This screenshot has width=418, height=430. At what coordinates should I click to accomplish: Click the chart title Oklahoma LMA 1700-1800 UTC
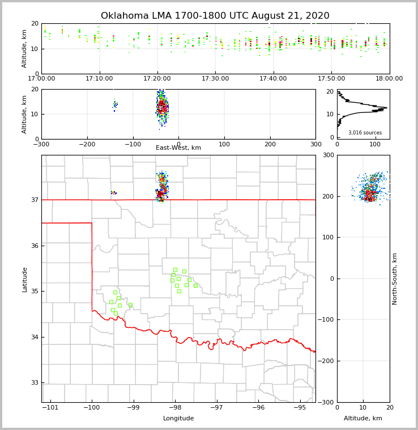[x=215, y=16]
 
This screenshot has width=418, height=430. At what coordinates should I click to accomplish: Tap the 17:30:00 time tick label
[x=215, y=79]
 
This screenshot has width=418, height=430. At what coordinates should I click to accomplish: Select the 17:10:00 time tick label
[x=100, y=79]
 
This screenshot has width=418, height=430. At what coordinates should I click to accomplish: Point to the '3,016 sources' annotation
[x=365, y=133]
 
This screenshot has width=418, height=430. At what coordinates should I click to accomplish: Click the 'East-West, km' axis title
[x=178, y=148]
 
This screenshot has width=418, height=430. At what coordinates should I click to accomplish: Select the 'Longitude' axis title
[x=178, y=419]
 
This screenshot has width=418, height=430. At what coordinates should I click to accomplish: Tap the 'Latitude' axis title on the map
[x=24, y=279]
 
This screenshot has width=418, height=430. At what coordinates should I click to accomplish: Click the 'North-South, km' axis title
[x=395, y=279]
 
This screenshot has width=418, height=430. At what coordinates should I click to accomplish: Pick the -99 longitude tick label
[x=133, y=407]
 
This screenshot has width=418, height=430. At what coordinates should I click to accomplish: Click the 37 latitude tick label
[x=34, y=200]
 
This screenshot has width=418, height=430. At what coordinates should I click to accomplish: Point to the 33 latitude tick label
[x=34, y=383]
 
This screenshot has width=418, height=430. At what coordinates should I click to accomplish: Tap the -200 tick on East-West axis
[x=86, y=144]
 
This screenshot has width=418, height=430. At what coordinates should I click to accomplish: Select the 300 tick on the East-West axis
[x=315, y=144]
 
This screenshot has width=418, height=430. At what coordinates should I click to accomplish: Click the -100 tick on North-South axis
[x=327, y=319]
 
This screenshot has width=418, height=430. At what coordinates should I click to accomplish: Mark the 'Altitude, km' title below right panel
[x=363, y=419]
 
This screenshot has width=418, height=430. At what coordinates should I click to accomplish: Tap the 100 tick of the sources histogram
[x=374, y=144]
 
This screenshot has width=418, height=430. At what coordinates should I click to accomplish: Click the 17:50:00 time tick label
[x=331, y=79]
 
